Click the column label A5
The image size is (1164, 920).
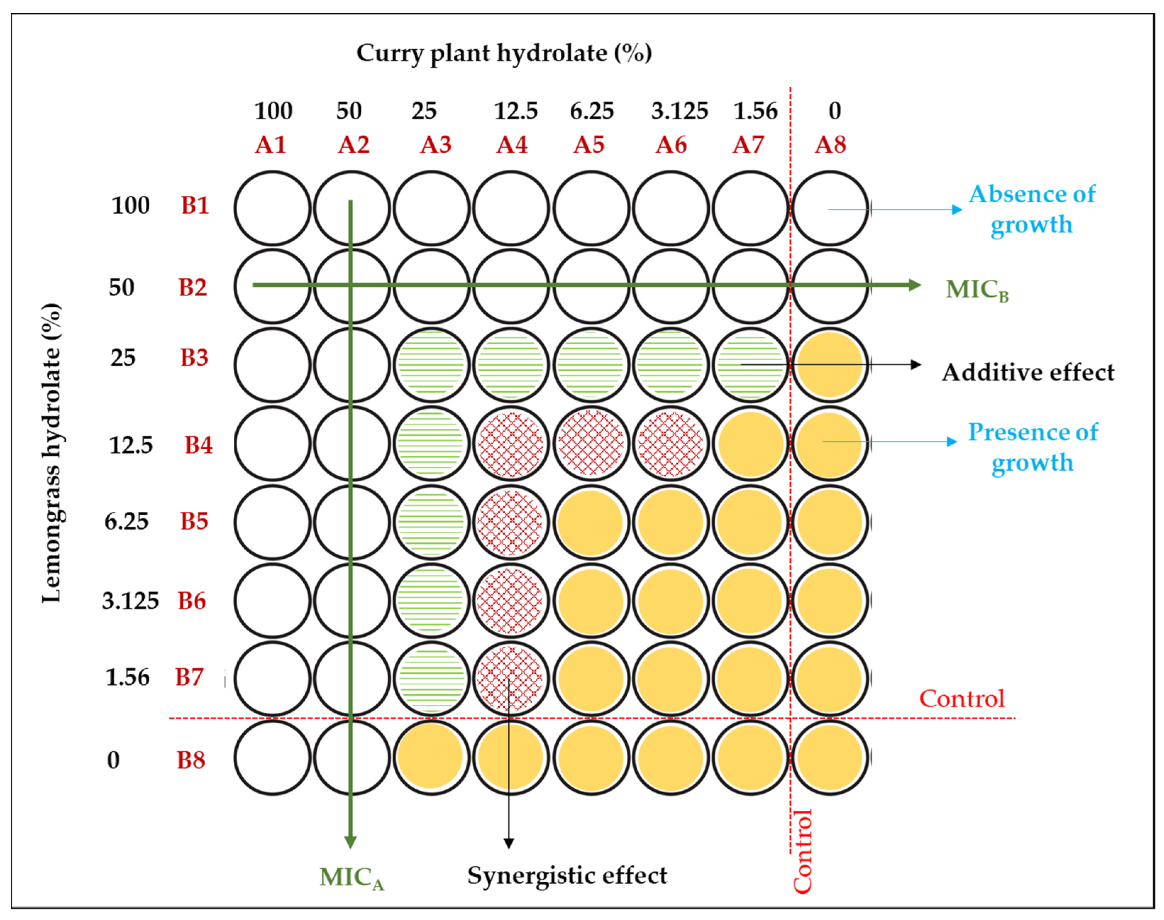589,145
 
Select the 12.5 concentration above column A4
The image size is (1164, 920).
516,111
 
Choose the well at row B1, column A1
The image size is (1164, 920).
272,208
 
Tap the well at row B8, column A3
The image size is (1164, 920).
431,757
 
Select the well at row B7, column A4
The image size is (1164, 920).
510,679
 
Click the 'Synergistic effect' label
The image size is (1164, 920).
567,875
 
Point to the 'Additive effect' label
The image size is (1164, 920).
1028,373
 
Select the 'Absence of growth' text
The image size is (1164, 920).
1032,209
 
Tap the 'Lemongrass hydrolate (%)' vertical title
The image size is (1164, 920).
52,453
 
